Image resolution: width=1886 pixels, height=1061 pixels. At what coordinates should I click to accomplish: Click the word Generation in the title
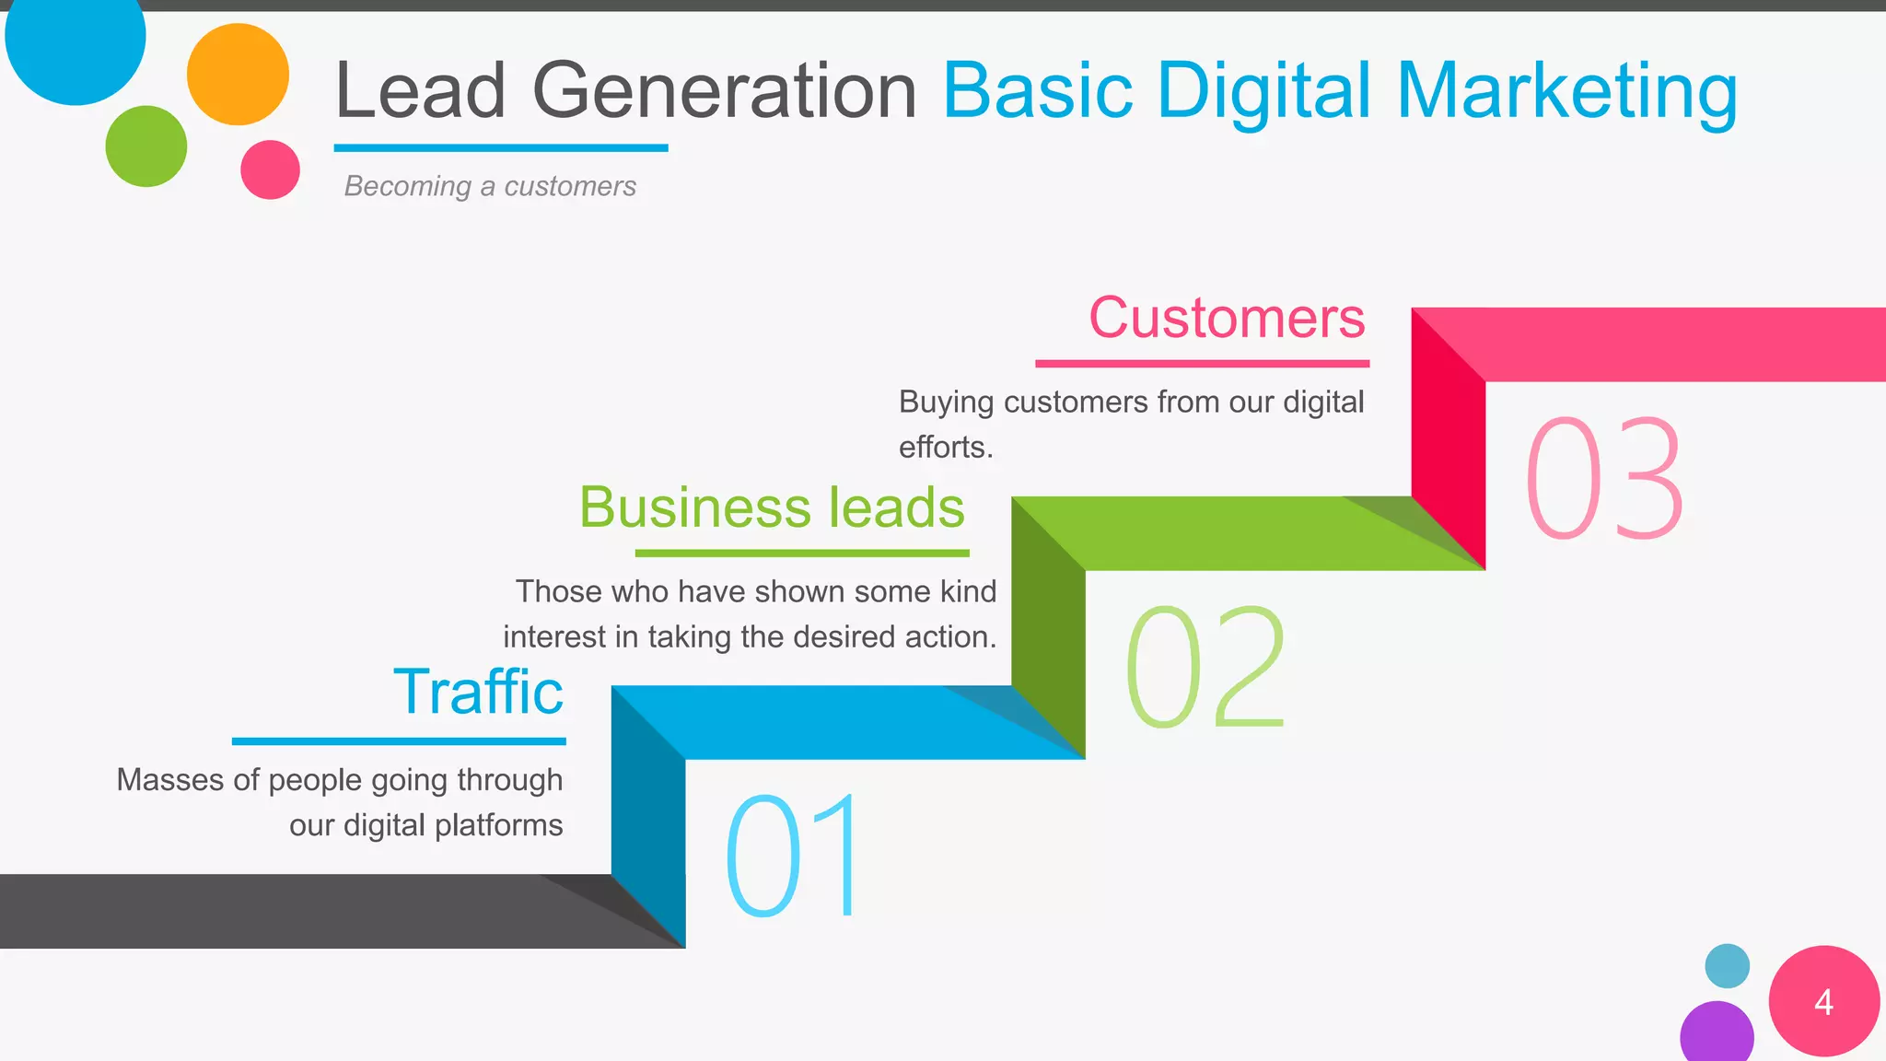point(724,91)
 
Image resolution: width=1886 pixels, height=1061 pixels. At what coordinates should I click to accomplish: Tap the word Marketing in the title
point(1566,91)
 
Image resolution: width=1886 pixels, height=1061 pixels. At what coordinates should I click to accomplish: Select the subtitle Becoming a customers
point(490,186)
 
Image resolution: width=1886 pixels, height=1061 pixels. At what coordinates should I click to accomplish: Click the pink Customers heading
point(1227,318)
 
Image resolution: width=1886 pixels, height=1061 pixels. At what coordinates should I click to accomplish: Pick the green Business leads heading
point(772,507)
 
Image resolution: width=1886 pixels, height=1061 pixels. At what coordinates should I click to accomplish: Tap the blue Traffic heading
point(478,692)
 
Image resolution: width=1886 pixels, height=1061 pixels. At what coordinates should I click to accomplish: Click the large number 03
point(1604,478)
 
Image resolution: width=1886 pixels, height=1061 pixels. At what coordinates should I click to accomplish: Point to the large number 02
point(1205,667)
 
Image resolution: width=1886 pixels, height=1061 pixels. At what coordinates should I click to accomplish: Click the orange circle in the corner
point(238,75)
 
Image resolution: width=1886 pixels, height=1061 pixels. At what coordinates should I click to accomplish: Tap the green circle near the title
point(146,146)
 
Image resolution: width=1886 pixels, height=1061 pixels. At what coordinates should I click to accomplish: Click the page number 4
point(1823,1003)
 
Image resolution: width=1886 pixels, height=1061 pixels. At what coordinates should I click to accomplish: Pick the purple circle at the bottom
point(1717,1034)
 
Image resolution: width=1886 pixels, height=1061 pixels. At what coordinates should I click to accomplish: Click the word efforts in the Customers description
point(943,448)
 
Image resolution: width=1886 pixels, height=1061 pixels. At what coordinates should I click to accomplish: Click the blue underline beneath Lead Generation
point(500,147)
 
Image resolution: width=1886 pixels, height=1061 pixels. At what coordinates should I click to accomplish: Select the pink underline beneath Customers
point(1202,364)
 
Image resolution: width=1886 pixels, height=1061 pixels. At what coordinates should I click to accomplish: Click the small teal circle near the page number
point(1727,966)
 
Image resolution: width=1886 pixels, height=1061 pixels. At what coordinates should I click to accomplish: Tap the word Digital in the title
point(1263,91)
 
